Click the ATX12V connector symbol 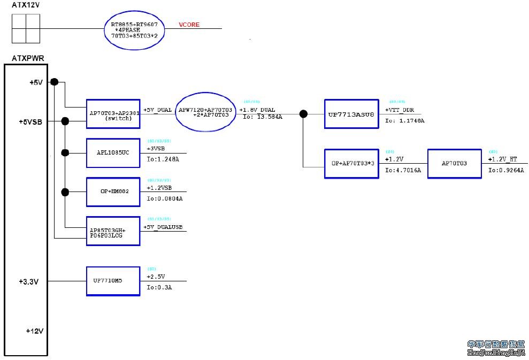(x=26, y=28)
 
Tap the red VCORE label (x=189, y=25)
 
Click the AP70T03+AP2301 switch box (x=113, y=114)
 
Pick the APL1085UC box (x=113, y=153)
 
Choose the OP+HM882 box (x=113, y=192)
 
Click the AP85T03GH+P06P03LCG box (x=113, y=231)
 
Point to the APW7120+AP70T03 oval (x=205, y=112)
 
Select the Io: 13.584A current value (x=262, y=117)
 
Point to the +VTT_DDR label (x=399, y=110)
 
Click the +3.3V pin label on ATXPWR (x=28, y=281)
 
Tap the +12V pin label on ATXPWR (x=34, y=331)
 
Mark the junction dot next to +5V (x=54, y=82)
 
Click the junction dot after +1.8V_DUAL (x=303, y=113)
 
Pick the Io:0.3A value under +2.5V (x=159, y=287)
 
